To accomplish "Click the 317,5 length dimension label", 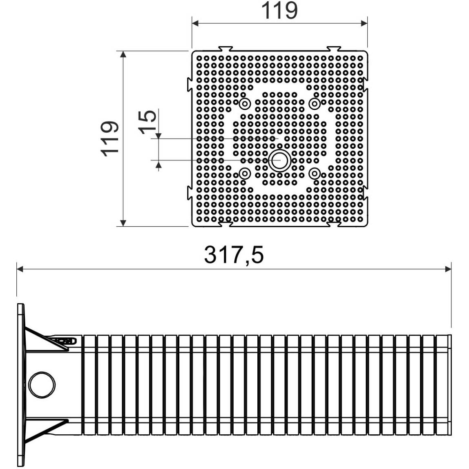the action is pos(234,255).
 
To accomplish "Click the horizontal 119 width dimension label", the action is pos(279,11).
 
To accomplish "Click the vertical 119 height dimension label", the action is pos(110,139).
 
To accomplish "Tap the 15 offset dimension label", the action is pos(147,122).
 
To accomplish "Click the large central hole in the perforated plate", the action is pos(279,161).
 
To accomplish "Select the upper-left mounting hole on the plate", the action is pos(245,104).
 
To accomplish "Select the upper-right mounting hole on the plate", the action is pos(314,104).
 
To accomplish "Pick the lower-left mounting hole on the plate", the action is pos(245,173).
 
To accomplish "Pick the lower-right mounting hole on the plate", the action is pos(314,173).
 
